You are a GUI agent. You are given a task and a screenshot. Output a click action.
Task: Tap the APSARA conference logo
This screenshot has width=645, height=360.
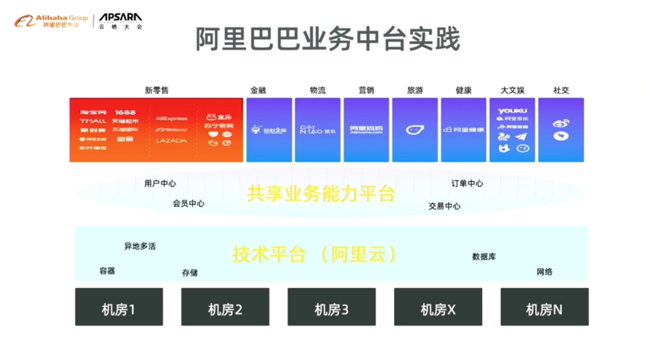(120, 21)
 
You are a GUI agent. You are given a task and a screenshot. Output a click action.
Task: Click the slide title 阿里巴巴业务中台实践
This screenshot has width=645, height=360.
(327, 39)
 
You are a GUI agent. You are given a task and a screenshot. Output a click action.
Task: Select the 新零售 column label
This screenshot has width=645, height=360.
(156, 90)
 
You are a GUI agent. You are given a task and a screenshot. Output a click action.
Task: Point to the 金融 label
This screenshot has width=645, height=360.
(258, 90)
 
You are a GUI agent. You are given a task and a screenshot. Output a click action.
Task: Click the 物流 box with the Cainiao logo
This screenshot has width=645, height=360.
(318, 130)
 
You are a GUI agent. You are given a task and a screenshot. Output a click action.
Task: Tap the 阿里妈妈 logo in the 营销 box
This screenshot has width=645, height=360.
(366, 130)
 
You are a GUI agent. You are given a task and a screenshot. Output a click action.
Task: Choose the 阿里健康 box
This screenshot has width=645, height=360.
(463, 130)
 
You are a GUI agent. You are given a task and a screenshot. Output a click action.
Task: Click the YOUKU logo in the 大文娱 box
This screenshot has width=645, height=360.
(512, 111)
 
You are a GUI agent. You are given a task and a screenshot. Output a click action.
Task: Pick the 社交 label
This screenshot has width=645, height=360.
(561, 90)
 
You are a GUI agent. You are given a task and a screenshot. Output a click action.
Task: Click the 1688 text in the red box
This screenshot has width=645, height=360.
(125, 112)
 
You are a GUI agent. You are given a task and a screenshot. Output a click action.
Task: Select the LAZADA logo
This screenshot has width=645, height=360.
(171, 141)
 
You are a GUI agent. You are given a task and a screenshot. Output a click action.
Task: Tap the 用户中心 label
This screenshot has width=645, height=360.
(160, 183)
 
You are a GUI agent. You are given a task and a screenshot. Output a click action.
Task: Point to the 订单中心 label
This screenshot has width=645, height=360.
(467, 183)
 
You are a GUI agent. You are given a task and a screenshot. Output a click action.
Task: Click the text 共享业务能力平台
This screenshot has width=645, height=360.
(321, 194)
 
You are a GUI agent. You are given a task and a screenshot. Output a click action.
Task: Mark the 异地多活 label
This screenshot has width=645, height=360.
(140, 246)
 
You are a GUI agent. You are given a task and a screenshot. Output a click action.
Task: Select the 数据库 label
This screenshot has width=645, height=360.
(484, 257)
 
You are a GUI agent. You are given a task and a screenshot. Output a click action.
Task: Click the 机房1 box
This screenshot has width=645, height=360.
(119, 307)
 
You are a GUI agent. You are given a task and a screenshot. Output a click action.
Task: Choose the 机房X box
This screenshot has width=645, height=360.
(438, 307)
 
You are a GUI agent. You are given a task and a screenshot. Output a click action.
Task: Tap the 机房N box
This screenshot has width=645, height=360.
(544, 307)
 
